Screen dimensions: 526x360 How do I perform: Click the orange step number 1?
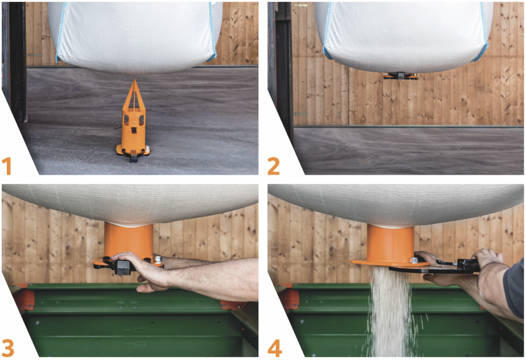(x=7, y=166)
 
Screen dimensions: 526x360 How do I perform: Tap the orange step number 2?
(x=273, y=166)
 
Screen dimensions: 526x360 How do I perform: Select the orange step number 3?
(x=8, y=348)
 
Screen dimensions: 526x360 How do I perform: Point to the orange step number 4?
(x=274, y=348)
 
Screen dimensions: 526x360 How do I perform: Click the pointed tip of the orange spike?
(x=135, y=80)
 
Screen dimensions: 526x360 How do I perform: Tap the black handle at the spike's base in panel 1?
(x=134, y=157)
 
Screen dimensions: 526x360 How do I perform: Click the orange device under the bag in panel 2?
(x=401, y=76)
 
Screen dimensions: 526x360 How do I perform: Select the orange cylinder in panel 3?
(x=128, y=239)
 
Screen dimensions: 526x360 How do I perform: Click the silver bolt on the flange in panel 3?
(x=158, y=259)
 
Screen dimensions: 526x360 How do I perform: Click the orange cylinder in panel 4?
(x=390, y=243)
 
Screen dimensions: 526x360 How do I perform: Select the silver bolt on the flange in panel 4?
(x=414, y=260)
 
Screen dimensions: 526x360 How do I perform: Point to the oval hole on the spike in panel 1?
(x=126, y=120)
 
